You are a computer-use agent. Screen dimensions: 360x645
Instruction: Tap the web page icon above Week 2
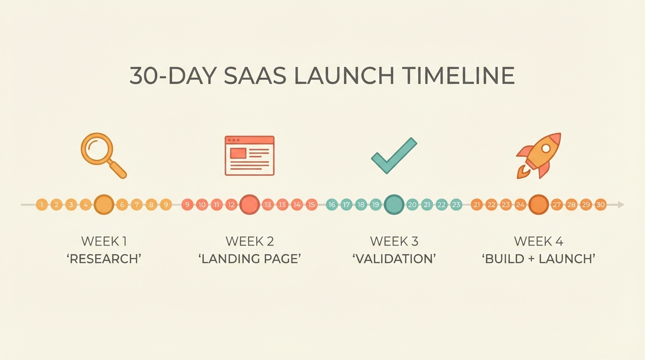[x=249, y=156]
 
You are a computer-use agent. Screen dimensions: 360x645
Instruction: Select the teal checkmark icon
[x=394, y=155]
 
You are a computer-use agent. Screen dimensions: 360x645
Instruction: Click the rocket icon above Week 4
[x=539, y=155]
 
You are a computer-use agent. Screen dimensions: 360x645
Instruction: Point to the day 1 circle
[x=42, y=205]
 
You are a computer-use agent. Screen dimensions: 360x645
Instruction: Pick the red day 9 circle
[x=187, y=205]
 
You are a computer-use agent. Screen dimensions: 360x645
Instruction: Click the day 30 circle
[x=600, y=205]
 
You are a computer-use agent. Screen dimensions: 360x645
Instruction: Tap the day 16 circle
[x=332, y=205]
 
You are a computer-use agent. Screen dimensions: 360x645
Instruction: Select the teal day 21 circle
[x=427, y=205]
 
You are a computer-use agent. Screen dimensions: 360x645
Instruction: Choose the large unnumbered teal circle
[x=394, y=205]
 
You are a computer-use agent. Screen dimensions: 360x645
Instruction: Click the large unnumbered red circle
[x=249, y=205]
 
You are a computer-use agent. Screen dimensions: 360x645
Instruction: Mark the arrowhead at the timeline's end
[x=621, y=205]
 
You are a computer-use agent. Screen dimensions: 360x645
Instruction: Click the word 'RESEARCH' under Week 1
[x=104, y=258]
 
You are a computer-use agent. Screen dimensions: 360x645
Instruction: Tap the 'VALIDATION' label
[x=394, y=258]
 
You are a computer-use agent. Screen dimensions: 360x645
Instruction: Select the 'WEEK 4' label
[x=539, y=241]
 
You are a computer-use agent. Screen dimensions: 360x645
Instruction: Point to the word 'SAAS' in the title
[x=255, y=76]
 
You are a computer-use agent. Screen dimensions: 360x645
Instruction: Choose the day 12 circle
[x=231, y=205]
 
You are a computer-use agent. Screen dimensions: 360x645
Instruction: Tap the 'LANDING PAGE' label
[x=249, y=258]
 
